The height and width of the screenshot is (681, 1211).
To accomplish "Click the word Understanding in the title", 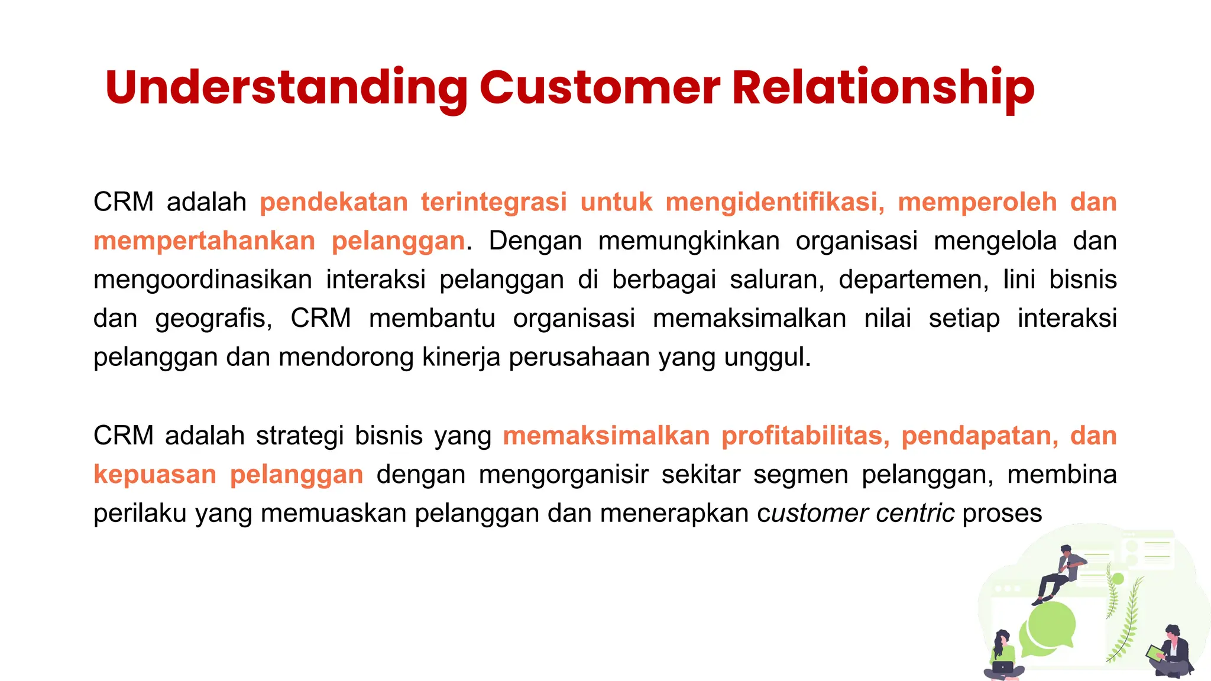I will pyautogui.click(x=286, y=87).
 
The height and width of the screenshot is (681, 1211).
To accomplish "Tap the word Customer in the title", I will pyautogui.click(x=600, y=87).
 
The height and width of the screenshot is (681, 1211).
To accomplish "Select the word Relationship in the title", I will pyautogui.click(x=883, y=87).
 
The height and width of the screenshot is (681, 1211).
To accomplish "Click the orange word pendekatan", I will pyautogui.click(x=333, y=202).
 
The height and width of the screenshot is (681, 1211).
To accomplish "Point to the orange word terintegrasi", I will pyautogui.click(x=494, y=202).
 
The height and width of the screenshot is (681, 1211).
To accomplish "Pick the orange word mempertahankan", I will pyautogui.click(x=204, y=241).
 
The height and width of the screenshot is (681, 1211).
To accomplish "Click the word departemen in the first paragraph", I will pyautogui.click(x=913, y=280).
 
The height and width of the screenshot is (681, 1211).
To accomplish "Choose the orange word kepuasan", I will pyautogui.click(x=155, y=475).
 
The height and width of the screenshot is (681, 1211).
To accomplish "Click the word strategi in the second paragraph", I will pyautogui.click(x=300, y=436).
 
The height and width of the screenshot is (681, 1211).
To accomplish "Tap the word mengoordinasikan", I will pyautogui.click(x=202, y=280).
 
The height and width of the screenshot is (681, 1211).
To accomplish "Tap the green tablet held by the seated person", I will pyautogui.click(x=1154, y=653).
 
